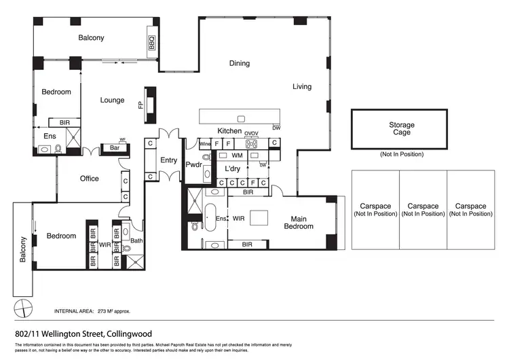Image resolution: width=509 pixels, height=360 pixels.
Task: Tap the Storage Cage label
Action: tap(402, 128)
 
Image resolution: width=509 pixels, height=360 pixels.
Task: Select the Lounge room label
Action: tap(113, 101)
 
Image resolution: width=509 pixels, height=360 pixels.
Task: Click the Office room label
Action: tap(89, 179)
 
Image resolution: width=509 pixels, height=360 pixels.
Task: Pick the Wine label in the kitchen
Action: tap(204, 143)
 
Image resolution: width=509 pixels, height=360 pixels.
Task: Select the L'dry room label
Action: tap(233, 168)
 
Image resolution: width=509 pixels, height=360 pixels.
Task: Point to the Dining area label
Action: tap(239, 64)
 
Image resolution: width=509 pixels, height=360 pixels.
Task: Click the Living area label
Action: tap(302, 87)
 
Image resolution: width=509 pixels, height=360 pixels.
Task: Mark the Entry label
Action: tap(168, 160)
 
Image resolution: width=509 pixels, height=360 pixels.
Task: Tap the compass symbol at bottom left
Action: tap(24, 307)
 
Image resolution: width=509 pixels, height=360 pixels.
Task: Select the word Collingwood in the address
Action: tap(129, 334)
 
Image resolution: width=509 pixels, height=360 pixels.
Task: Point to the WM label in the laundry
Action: tap(237, 156)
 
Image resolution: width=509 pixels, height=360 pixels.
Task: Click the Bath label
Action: tap(136, 240)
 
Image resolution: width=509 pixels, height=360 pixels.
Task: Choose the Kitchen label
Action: tap(229, 131)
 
